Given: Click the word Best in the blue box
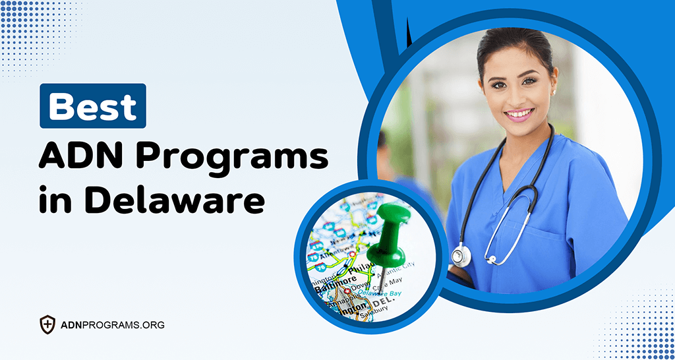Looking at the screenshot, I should (92, 106).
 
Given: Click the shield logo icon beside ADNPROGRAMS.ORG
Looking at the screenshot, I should (47, 324).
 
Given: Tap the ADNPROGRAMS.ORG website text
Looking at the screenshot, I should (112, 325).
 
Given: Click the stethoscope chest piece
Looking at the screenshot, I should (461, 255).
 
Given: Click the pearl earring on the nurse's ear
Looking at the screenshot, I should (554, 92).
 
